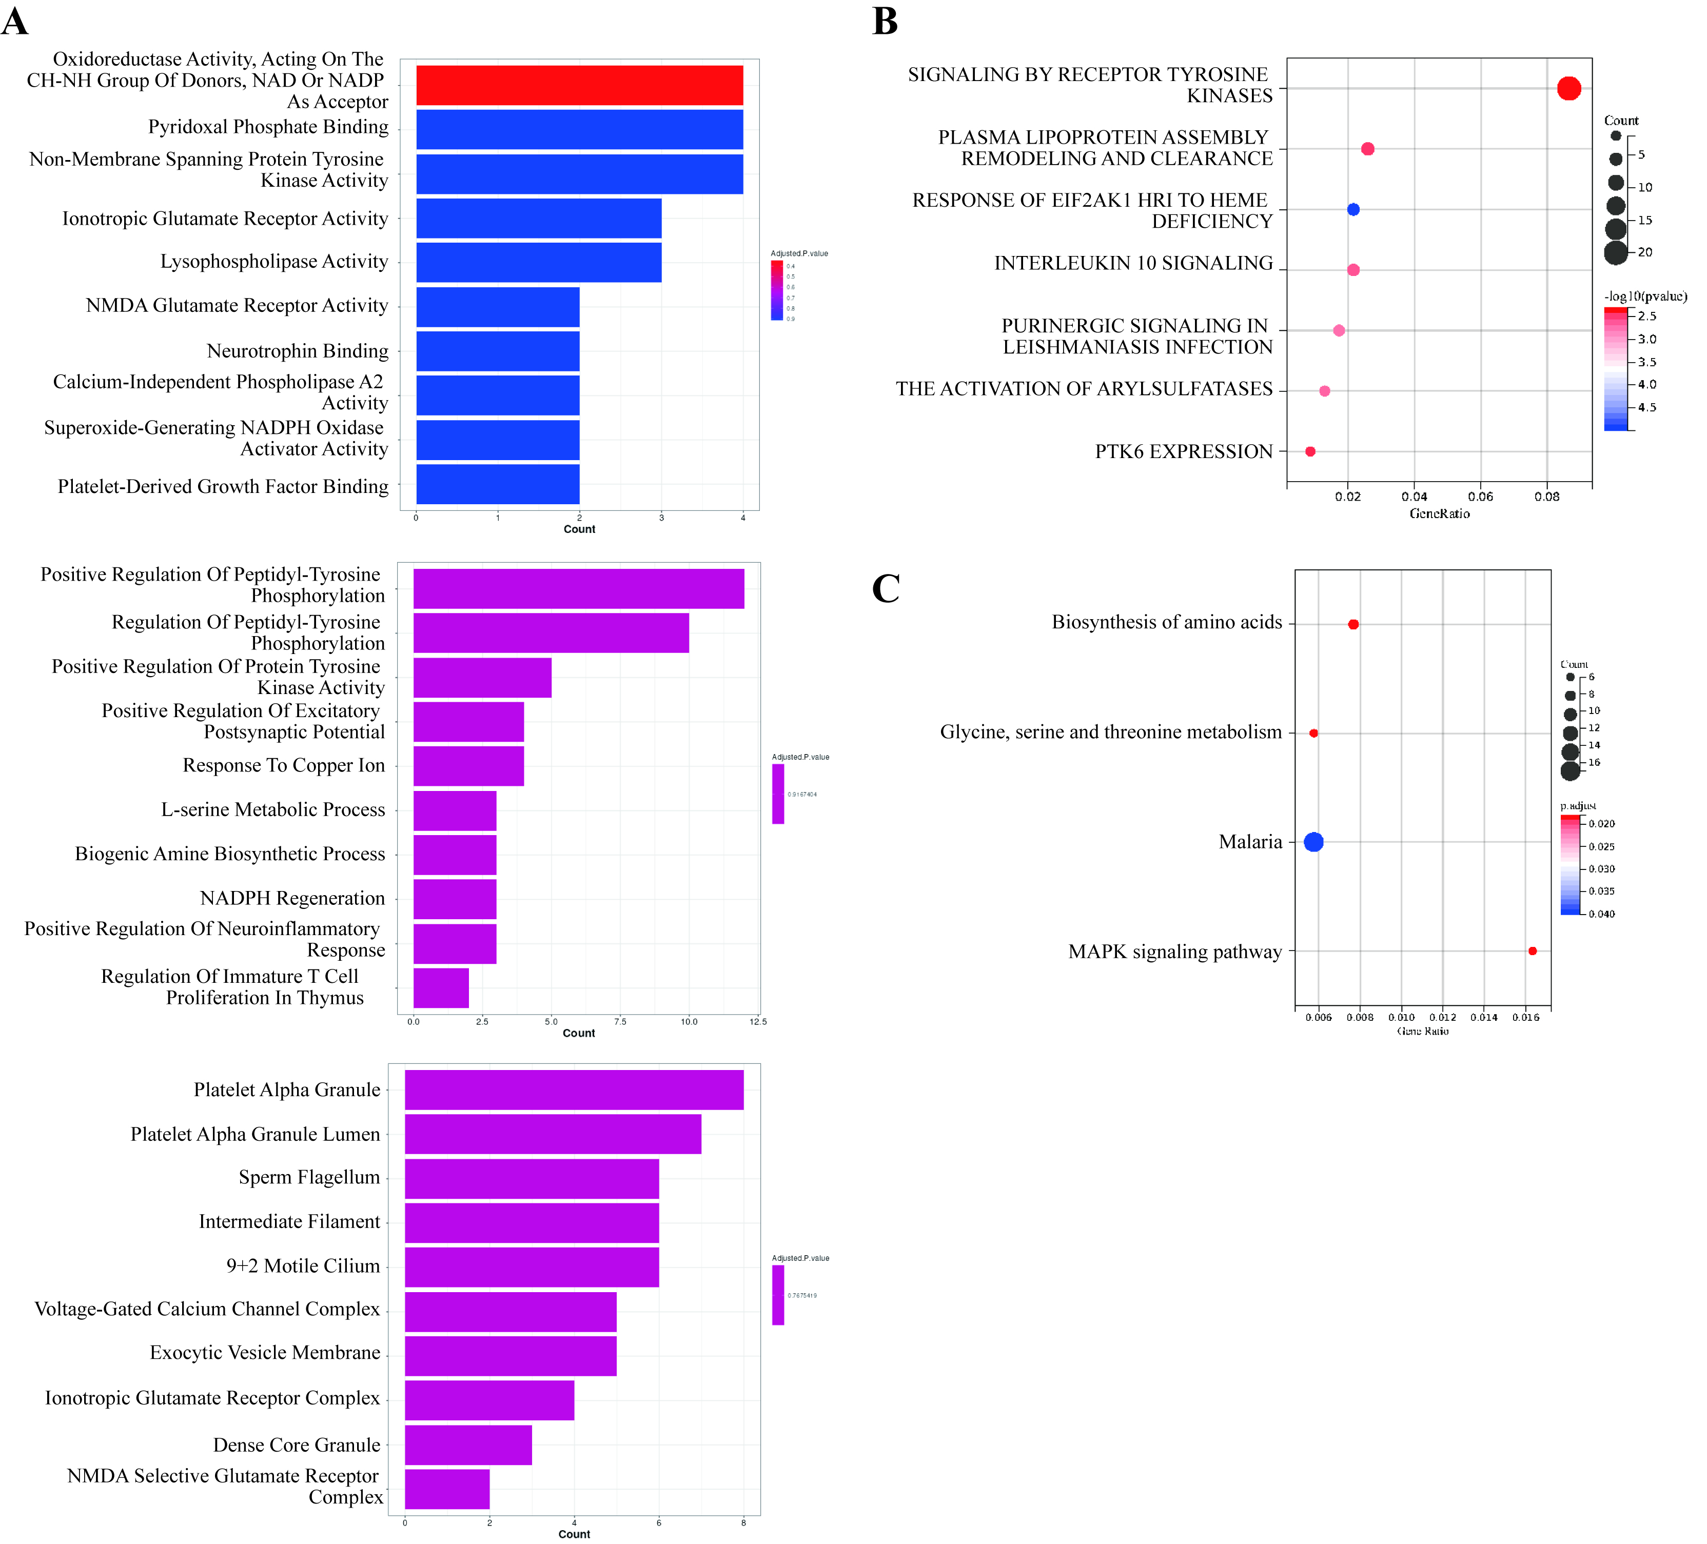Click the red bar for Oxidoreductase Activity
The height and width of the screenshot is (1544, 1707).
[579, 86]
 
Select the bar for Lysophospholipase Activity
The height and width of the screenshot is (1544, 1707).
[539, 263]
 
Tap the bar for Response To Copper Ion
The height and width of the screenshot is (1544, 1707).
[468, 766]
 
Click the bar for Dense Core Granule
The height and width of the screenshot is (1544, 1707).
[468, 1445]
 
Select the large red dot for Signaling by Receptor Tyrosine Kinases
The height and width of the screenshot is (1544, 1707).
[1568, 88]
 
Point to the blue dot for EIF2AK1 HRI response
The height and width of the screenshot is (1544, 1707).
[1353, 209]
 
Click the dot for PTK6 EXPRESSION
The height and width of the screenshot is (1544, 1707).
[1310, 451]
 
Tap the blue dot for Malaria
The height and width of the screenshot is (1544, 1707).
[1313, 841]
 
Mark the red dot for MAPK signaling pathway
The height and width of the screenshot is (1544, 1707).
[1532, 951]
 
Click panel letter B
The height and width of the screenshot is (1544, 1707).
[885, 21]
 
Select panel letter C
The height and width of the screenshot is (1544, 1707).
[886, 588]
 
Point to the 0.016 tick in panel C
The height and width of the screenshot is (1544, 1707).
[1525, 1017]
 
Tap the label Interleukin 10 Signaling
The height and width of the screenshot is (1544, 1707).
[1133, 263]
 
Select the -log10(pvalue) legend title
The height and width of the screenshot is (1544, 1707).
[1644, 296]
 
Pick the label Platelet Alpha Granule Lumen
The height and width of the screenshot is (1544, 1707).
[255, 1134]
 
